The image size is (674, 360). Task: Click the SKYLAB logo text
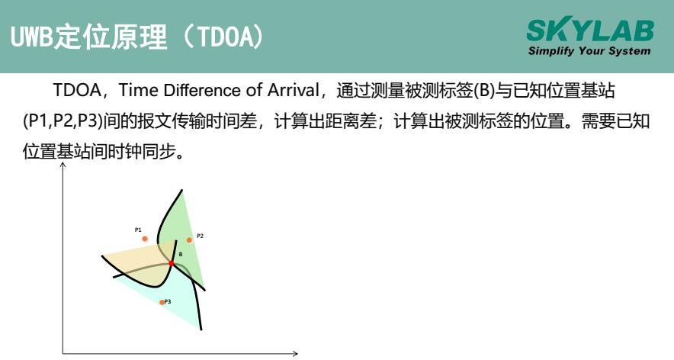(x=589, y=31)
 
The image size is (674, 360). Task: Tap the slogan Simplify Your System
(x=589, y=51)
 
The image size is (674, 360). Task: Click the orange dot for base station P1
(x=144, y=239)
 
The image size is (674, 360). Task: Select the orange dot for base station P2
(x=189, y=239)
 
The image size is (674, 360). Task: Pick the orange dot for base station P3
(x=162, y=302)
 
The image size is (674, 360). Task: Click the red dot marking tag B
(x=172, y=263)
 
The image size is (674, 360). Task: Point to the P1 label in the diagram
(x=138, y=230)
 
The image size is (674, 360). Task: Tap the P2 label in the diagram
(x=200, y=236)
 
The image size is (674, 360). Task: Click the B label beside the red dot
(x=180, y=254)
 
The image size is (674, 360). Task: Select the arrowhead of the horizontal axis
(x=296, y=353)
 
